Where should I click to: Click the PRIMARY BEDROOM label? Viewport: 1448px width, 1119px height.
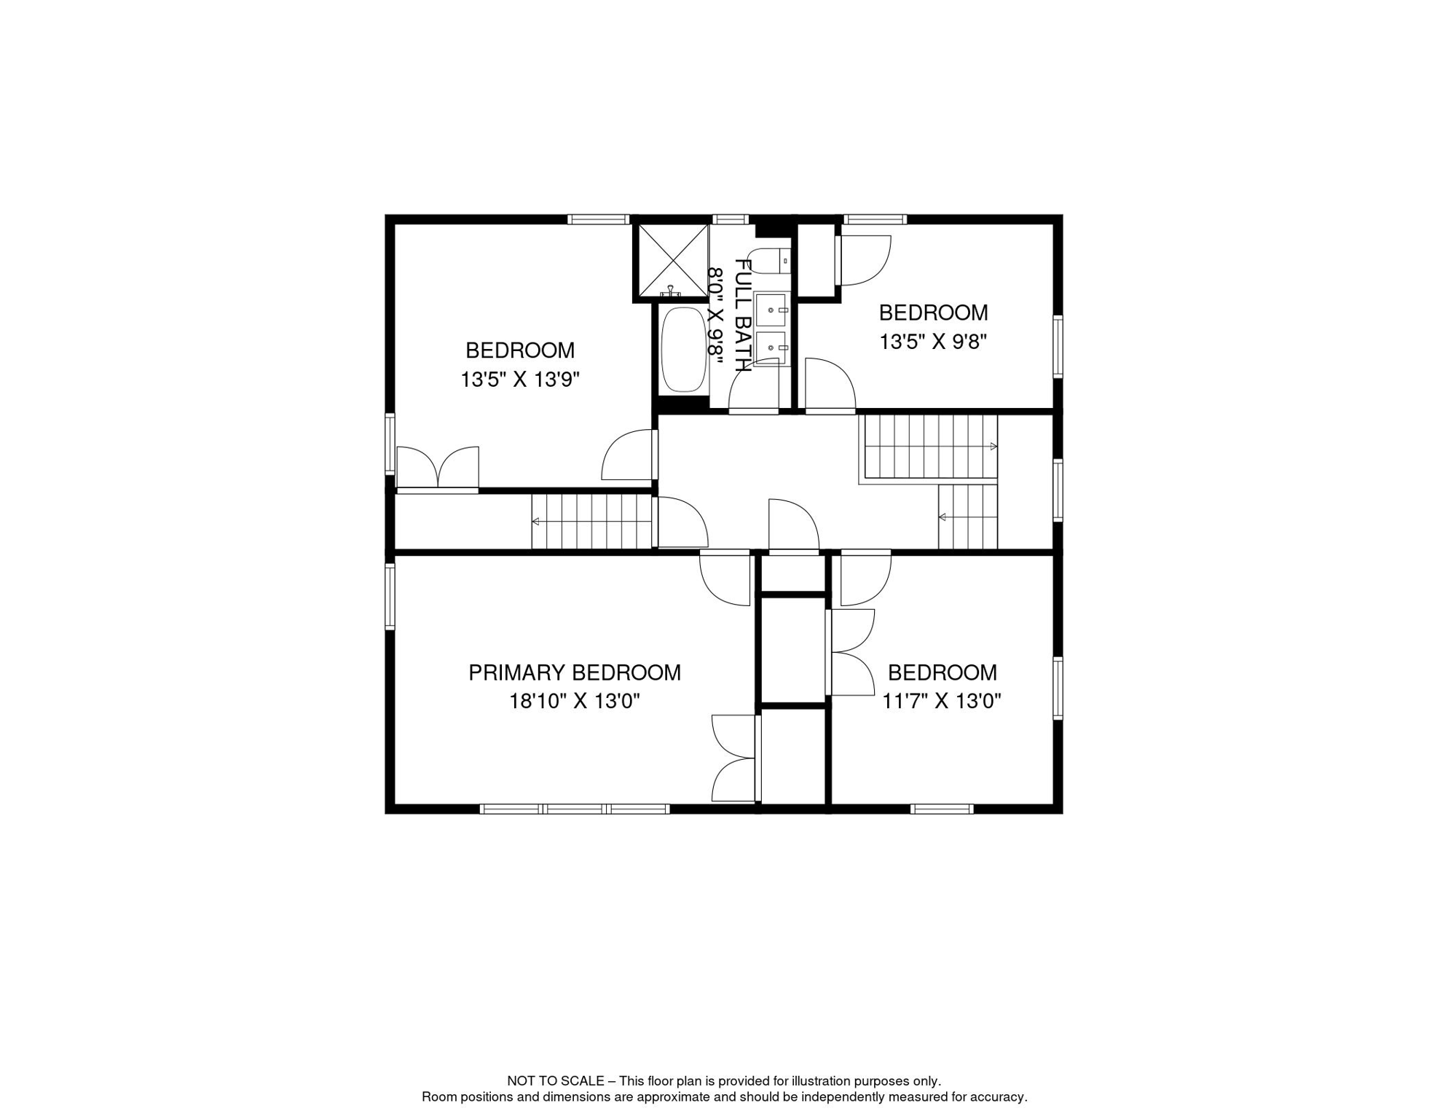(575, 672)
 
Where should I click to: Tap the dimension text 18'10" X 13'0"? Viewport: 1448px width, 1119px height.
(575, 701)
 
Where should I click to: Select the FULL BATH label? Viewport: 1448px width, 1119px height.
(742, 315)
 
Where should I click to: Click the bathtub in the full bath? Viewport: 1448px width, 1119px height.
(684, 350)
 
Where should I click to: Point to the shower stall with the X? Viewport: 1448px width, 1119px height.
(674, 261)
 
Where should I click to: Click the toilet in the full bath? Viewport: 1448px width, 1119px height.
(769, 260)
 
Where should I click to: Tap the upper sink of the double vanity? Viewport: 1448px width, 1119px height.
(771, 310)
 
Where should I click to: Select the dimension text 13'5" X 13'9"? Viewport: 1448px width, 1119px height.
(520, 380)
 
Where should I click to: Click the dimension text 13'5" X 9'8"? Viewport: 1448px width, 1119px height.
(933, 342)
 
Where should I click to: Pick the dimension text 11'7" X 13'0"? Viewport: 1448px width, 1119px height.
(942, 701)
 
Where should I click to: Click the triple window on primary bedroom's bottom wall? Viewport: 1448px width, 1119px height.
(575, 809)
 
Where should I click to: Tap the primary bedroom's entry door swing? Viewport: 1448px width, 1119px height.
(725, 580)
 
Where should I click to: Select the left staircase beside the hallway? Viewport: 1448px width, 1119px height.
(591, 522)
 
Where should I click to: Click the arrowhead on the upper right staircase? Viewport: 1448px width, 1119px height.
(993, 447)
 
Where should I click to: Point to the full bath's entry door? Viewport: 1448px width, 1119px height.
(755, 386)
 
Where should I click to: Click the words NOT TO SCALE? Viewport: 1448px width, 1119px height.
(556, 1081)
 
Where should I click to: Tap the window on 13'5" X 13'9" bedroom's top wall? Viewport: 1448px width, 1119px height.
(599, 219)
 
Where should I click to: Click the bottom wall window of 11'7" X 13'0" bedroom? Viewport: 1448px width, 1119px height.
(942, 809)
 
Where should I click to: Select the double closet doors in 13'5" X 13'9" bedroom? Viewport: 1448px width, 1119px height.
(438, 468)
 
